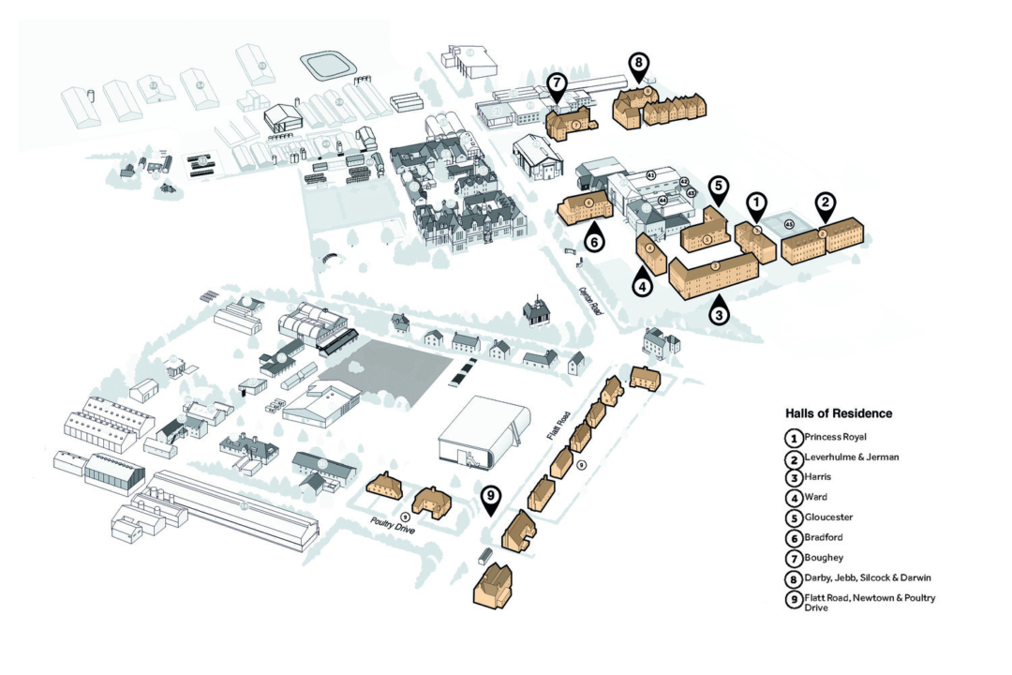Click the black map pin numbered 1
[x=756, y=202]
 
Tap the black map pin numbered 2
[x=825, y=202]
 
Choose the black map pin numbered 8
[x=638, y=66]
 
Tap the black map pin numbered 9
[x=490, y=498]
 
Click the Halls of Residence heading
[x=839, y=412]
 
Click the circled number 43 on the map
[x=650, y=175]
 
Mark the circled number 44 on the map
[x=662, y=200]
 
